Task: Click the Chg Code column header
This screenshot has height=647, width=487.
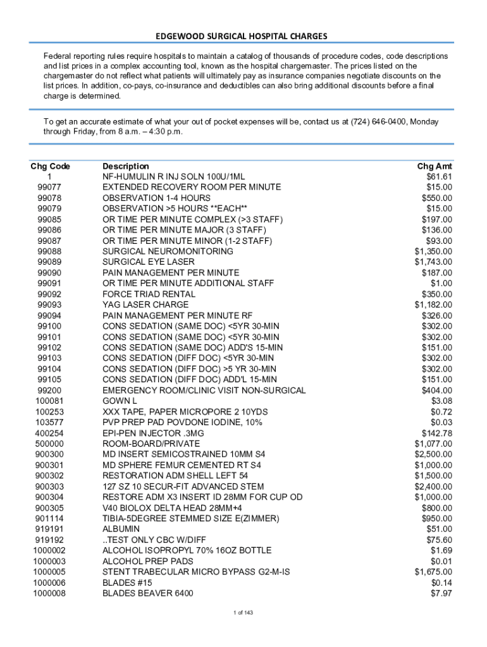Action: click(x=50, y=166)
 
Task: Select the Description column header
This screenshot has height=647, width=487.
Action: click(x=126, y=166)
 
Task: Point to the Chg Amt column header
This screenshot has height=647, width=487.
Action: click(x=435, y=166)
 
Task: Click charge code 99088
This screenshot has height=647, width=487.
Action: click(x=49, y=251)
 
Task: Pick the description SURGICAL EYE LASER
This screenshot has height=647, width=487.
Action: click(x=149, y=262)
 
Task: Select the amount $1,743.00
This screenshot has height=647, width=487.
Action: click(x=433, y=262)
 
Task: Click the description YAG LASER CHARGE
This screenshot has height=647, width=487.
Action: click(x=145, y=305)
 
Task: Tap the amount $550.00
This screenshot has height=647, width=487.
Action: click(x=437, y=198)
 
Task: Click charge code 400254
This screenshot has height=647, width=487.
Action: click(x=49, y=433)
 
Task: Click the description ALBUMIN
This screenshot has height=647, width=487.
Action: click(x=121, y=529)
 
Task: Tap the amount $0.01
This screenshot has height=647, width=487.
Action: click(x=441, y=561)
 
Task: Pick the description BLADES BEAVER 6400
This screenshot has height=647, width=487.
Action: click(x=148, y=593)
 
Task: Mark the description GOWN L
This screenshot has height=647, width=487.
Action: click(x=120, y=401)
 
